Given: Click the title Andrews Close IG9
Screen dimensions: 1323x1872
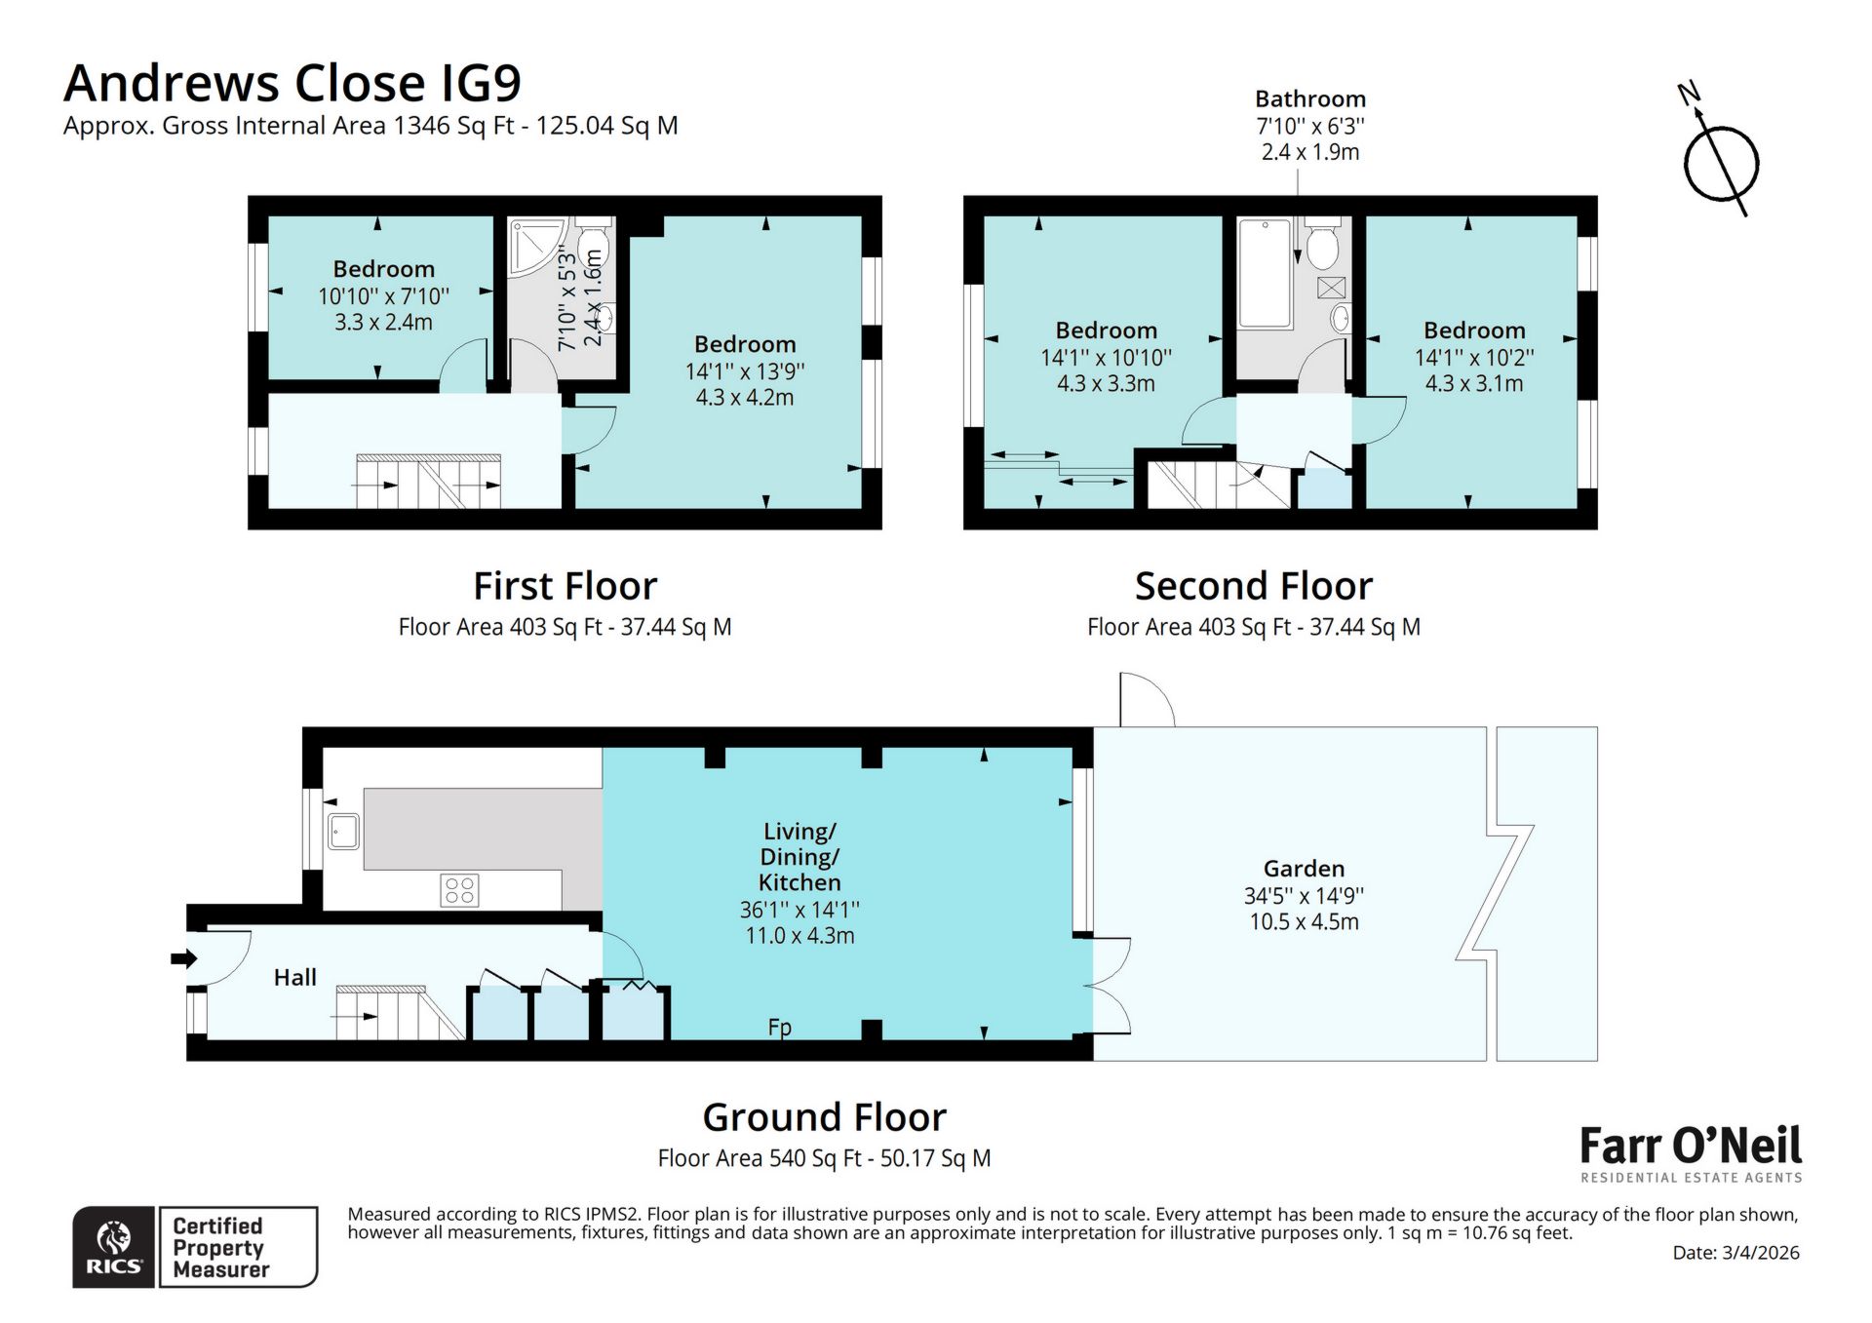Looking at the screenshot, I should coord(292,83).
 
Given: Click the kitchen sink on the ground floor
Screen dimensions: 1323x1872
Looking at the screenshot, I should coord(342,832).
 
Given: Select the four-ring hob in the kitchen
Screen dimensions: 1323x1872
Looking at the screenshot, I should coord(459,889).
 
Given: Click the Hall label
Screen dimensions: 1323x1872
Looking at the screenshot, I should coord(294,977).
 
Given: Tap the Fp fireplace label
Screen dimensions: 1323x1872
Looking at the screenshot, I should coord(779,1027).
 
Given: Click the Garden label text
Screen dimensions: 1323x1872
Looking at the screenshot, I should coord(1304,868).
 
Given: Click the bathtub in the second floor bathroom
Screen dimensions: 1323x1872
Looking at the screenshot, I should coord(1264,273).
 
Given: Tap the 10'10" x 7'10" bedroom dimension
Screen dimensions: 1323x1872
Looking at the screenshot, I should coord(383,295).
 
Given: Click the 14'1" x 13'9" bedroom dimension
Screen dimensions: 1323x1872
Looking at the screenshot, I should coord(745,370).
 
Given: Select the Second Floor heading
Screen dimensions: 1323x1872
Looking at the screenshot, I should coord(1253,586).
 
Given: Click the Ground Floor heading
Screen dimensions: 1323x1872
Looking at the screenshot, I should coord(824,1116).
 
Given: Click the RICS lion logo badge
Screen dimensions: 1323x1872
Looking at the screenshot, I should coord(114,1247).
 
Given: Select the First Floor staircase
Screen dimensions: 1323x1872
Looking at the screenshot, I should coord(429,482).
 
